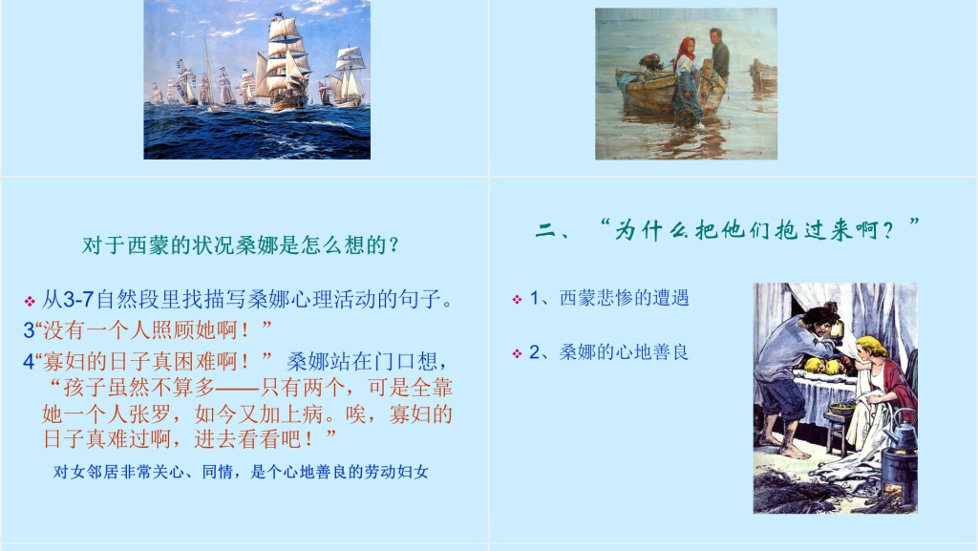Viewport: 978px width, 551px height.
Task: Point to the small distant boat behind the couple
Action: [x=763, y=74]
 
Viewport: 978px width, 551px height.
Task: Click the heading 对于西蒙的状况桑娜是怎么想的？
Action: [x=241, y=245]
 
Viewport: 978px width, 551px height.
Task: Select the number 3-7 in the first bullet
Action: [x=78, y=300]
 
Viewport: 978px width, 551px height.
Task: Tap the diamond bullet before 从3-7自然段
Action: [x=30, y=302]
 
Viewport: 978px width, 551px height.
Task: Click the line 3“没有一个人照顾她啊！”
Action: [x=148, y=329]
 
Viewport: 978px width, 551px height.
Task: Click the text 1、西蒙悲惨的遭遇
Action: [x=609, y=298]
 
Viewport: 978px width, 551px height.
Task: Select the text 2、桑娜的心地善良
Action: [x=608, y=352]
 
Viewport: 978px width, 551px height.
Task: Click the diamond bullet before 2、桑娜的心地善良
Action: [x=517, y=353]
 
